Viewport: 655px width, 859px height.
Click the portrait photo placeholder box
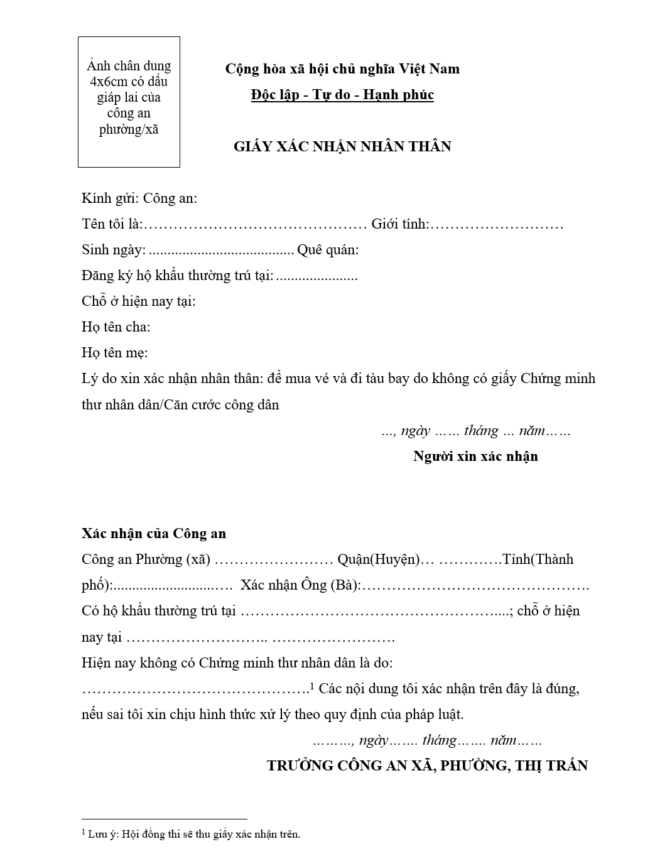click(129, 102)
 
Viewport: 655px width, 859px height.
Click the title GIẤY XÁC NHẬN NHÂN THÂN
click(342, 146)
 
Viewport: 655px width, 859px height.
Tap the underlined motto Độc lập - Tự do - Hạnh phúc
click(342, 95)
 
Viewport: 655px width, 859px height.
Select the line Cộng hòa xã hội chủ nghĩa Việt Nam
click(342, 68)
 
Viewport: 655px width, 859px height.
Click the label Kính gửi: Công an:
click(139, 198)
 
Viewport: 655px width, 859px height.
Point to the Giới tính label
click(400, 224)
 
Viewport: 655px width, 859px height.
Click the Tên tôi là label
click(112, 224)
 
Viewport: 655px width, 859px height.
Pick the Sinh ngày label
click(114, 250)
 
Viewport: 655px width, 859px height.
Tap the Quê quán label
click(328, 250)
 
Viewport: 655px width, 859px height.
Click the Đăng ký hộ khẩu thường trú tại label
click(178, 276)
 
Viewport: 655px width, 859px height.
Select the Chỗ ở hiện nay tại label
click(139, 301)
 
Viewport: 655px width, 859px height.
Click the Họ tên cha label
click(116, 327)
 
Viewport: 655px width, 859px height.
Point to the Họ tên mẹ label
click(115, 353)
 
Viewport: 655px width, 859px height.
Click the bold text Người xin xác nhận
click(475, 457)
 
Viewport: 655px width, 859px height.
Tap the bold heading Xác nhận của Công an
click(154, 534)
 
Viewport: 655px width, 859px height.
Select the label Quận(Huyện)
click(378, 559)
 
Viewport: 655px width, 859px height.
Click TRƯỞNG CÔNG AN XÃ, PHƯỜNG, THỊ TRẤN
click(427, 765)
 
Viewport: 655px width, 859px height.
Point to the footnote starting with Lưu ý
click(192, 835)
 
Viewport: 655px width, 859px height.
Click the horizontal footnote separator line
click(165, 819)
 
